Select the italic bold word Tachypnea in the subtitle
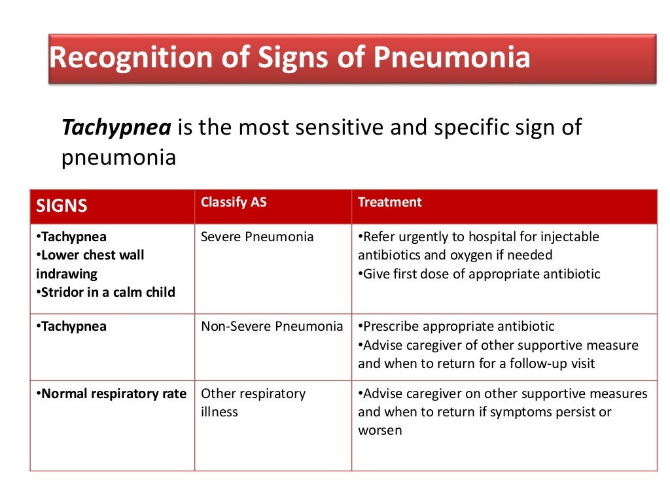116,127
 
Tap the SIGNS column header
62,206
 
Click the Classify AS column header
234,202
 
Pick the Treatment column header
389,202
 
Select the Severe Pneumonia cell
257,237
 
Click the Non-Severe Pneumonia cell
272,326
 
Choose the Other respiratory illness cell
253,403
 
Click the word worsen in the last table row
379,430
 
